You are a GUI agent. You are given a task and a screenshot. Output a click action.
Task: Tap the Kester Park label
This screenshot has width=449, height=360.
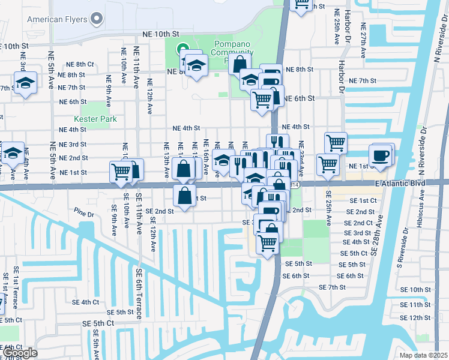(91, 119)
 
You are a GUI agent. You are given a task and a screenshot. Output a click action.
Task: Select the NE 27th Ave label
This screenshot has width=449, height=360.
(364, 41)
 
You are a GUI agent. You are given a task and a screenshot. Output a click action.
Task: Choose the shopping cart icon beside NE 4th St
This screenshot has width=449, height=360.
(336, 142)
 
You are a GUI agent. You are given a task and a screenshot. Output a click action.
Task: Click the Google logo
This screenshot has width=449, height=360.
(19, 353)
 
